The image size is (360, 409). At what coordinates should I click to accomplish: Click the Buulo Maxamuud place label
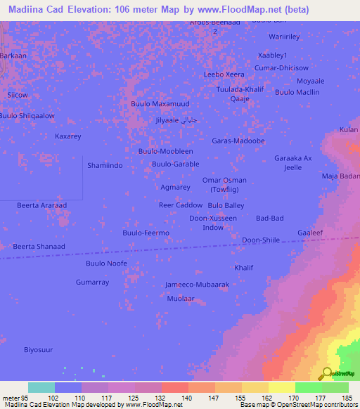click(x=160, y=104)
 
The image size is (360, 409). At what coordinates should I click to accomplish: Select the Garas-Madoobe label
click(x=238, y=141)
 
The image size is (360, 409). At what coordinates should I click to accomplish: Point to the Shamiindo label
click(x=105, y=165)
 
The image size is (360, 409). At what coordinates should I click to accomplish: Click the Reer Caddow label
click(x=181, y=205)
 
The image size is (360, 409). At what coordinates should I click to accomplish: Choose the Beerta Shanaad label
click(x=39, y=247)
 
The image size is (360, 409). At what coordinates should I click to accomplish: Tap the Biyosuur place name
click(x=39, y=349)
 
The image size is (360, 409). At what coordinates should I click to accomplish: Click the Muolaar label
click(x=181, y=299)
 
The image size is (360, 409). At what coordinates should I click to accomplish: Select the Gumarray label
click(x=93, y=282)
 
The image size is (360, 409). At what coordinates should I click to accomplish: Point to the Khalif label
click(x=243, y=268)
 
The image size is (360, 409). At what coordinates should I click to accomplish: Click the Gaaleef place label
click(x=310, y=233)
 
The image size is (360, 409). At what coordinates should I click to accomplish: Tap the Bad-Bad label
click(x=270, y=219)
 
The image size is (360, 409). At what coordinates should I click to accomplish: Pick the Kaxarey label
click(x=68, y=136)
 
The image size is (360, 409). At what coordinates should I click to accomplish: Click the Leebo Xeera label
click(x=224, y=74)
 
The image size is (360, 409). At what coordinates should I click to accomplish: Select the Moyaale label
click(x=310, y=82)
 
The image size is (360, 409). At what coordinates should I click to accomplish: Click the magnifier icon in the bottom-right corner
click(x=327, y=373)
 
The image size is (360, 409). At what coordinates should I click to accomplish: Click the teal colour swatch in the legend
click(x=41, y=387)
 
